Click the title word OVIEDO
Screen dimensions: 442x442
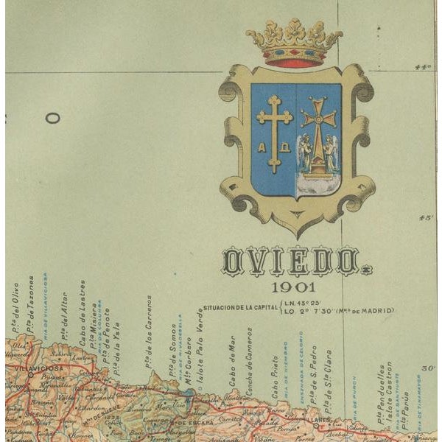(x=291, y=262)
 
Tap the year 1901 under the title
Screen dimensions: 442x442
(x=292, y=287)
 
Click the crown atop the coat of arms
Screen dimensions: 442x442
(x=295, y=44)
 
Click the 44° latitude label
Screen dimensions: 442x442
(x=423, y=67)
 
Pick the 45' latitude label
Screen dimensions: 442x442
(x=426, y=217)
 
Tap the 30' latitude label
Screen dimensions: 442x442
(x=429, y=368)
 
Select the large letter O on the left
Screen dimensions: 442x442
(x=52, y=117)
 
